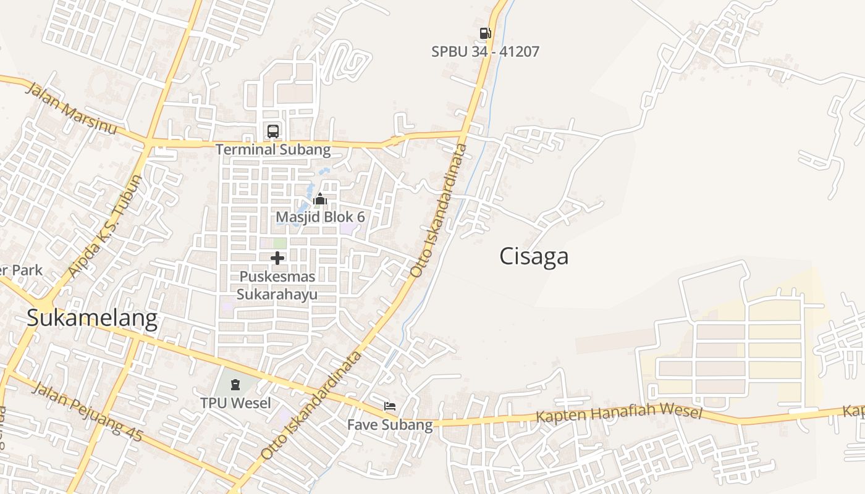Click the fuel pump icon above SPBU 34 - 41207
click(x=485, y=33)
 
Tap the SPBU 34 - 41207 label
click(x=485, y=51)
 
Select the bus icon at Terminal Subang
click(x=272, y=131)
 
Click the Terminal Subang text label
click(x=273, y=149)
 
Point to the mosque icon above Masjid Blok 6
click(x=320, y=199)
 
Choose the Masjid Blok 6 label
click(x=320, y=217)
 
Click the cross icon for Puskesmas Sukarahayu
click(x=277, y=258)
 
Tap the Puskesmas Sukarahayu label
click(x=277, y=285)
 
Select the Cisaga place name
click(x=534, y=256)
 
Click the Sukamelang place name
click(x=92, y=319)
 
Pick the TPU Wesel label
click(x=235, y=403)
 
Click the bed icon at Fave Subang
click(x=390, y=406)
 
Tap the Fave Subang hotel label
click(x=390, y=425)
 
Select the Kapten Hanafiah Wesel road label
click(x=619, y=412)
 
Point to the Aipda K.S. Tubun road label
click(x=106, y=226)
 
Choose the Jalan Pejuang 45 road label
click(x=87, y=412)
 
